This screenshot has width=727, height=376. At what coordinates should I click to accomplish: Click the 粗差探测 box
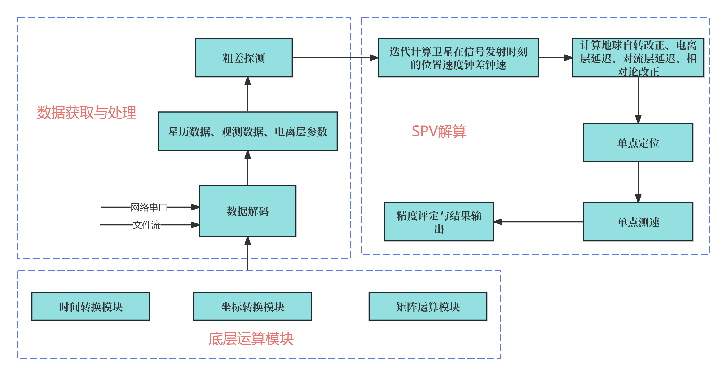coord(244,58)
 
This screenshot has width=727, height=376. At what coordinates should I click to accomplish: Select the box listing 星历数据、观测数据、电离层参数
coord(247,131)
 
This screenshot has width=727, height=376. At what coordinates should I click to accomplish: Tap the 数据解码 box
coord(247,211)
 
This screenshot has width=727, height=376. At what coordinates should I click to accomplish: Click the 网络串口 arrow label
coord(149,207)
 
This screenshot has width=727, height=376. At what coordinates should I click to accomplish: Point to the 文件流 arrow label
coord(146,225)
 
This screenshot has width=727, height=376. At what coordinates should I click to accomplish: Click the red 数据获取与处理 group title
coord(86,113)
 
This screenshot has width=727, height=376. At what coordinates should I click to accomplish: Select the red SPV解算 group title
coord(439,131)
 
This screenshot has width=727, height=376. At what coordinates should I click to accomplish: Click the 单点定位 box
coord(638,143)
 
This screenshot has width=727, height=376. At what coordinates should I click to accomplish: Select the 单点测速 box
coord(638,222)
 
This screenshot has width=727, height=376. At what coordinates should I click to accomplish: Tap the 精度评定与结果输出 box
coord(439,222)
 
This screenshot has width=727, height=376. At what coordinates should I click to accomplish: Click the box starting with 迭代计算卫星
coord(458,58)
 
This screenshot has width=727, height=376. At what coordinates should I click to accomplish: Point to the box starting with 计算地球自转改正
coord(638,58)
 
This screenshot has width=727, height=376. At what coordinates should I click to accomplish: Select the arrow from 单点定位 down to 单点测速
coord(638,182)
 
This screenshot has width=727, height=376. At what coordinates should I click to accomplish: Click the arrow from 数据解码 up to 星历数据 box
coord(247,168)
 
